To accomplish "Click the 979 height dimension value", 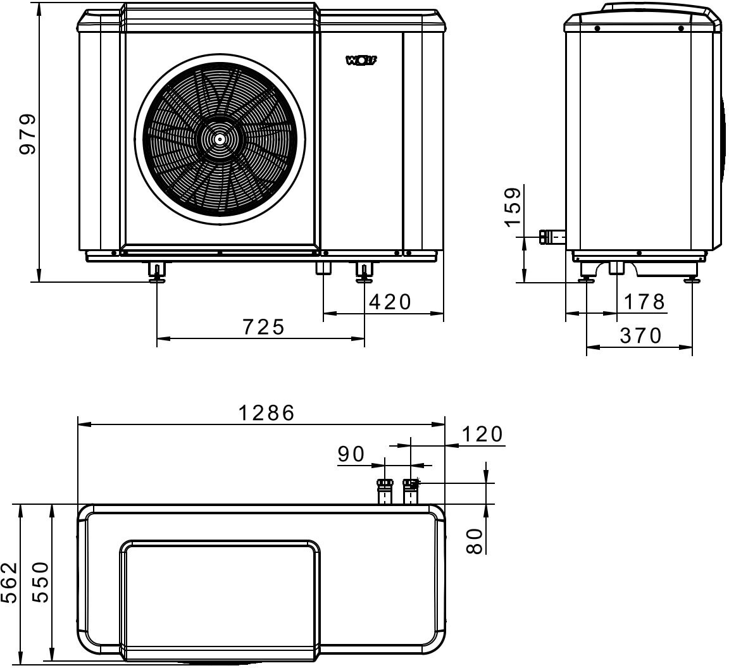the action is pyautogui.click(x=27, y=134).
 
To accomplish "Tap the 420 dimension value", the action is pyautogui.click(x=390, y=302).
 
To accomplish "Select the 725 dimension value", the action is pyautogui.click(x=263, y=327).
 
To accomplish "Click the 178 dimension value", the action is pyautogui.click(x=644, y=302).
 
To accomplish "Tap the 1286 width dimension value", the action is pyautogui.click(x=266, y=413).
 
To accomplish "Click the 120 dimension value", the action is pyautogui.click(x=482, y=434).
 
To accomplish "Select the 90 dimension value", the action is pyautogui.click(x=351, y=454).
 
